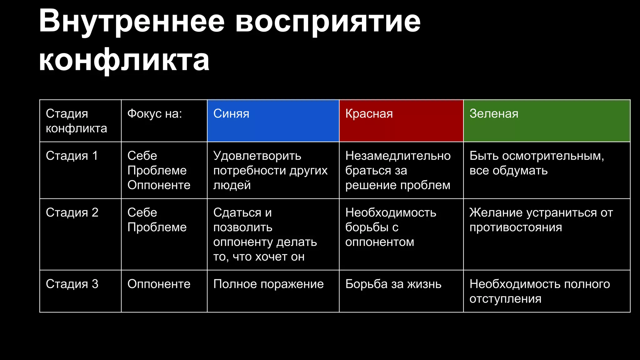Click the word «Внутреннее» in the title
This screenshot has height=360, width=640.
(132, 21)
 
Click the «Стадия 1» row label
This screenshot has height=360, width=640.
(72, 156)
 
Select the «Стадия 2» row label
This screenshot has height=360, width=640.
(72, 212)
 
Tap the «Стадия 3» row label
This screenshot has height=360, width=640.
(72, 284)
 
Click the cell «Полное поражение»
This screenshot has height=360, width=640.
(268, 284)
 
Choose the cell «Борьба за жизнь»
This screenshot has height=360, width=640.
(393, 284)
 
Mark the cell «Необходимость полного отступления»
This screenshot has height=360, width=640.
(539, 291)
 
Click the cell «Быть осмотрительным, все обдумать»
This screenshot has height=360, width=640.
(536, 163)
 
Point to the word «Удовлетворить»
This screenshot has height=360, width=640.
(257, 156)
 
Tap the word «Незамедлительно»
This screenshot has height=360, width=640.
(398, 156)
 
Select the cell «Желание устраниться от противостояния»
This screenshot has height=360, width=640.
(541, 220)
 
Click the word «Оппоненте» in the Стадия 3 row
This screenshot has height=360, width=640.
(159, 284)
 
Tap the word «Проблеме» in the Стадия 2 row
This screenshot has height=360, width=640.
(157, 227)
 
